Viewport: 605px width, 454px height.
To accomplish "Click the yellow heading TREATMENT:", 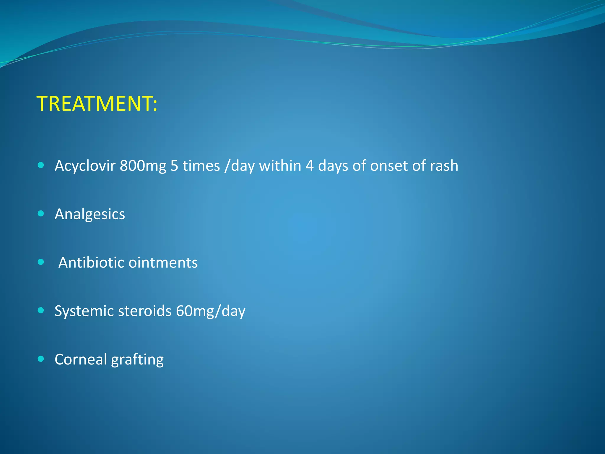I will (x=97, y=104).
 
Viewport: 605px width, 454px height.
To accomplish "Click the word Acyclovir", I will (x=85, y=166).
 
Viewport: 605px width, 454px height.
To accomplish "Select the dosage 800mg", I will (x=143, y=166).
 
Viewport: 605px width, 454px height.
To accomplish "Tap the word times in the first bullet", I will (x=201, y=166).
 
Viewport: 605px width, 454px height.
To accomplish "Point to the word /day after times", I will (x=239, y=166).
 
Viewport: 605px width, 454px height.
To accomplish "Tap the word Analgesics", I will (x=90, y=214).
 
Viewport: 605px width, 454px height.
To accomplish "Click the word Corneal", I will (x=81, y=359).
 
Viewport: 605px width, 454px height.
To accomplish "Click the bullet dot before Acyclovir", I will (x=41, y=165).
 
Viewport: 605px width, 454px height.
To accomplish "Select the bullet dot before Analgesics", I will (x=41, y=213).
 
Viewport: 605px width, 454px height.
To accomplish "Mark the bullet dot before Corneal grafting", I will (x=41, y=359).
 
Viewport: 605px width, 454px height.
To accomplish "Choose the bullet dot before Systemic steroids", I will (x=41, y=310).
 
